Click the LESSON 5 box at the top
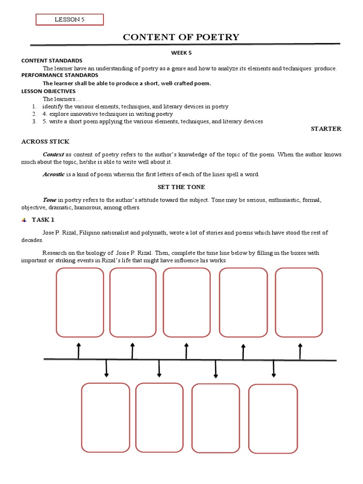[70, 19]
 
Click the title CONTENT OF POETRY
[181, 37]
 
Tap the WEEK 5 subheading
[181, 53]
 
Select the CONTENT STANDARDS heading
[52, 60]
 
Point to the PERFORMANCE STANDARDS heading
[60, 75]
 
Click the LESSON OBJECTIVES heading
[48, 91]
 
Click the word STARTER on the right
[326, 129]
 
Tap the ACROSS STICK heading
[45, 141]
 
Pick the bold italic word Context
[53, 155]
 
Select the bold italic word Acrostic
[54, 174]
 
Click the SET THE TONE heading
[181, 187]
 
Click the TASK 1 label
[43, 220]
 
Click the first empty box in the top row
[79, 302]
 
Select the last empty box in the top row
[299, 302]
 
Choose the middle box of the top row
[187, 302]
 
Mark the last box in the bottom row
[273, 418]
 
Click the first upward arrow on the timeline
[78, 351]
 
